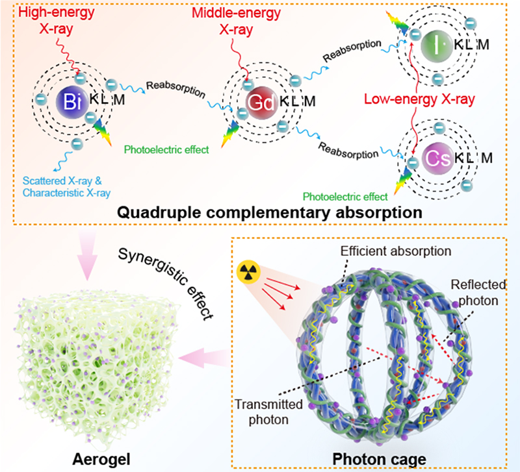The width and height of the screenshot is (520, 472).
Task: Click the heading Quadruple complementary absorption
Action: click(x=263, y=212)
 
